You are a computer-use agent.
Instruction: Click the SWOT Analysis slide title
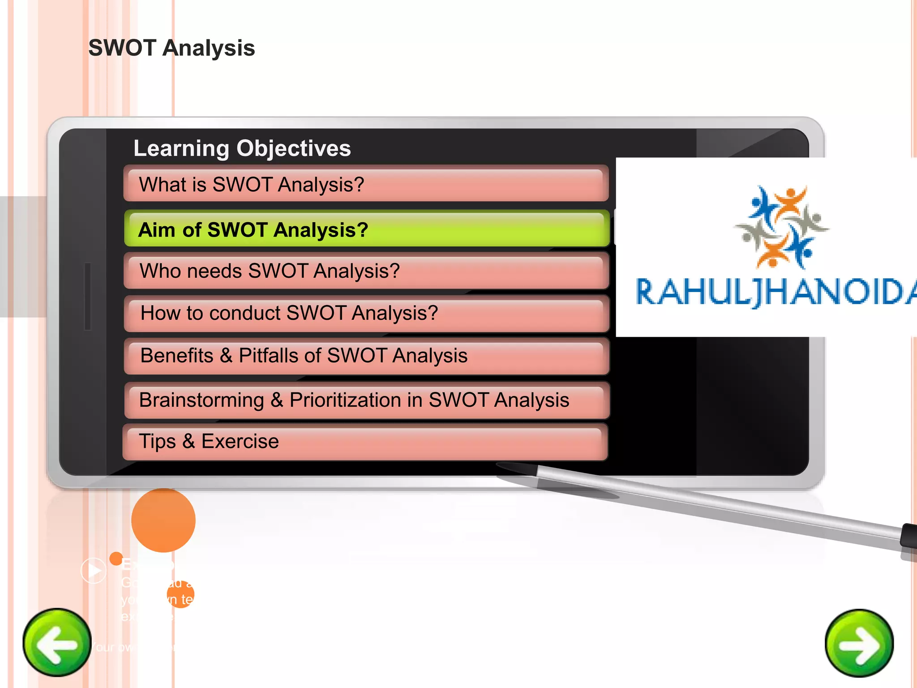pyautogui.click(x=171, y=48)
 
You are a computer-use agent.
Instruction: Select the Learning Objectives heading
pyautogui.click(x=242, y=148)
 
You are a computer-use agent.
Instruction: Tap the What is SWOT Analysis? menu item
pyautogui.click(x=365, y=185)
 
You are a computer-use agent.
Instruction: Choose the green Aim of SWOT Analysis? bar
pyautogui.click(x=366, y=229)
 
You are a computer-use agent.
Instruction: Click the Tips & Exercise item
pyautogui.click(x=364, y=441)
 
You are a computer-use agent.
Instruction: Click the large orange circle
pyautogui.click(x=163, y=520)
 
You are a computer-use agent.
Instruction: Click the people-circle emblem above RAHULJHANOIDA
pyautogui.click(x=781, y=226)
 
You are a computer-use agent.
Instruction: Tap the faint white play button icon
pyautogui.click(x=94, y=570)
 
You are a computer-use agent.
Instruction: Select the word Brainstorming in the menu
pyautogui.click(x=201, y=400)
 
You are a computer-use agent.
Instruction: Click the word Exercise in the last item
pyautogui.click(x=240, y=441)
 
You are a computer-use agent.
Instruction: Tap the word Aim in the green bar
pyautogui.click(x=156, y=230)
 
